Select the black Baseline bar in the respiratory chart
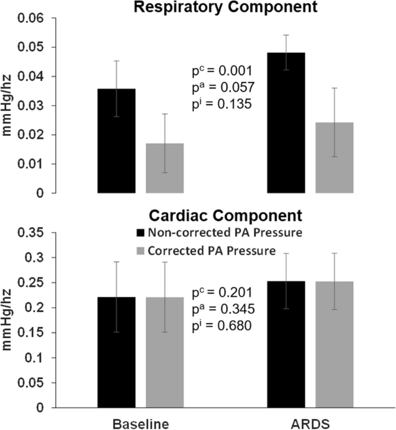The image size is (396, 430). pos(117,141)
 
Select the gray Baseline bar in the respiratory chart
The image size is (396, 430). pos(165,168)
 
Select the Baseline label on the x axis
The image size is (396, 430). pos(141,423)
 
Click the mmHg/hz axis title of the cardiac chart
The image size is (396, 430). pos(12,320)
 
